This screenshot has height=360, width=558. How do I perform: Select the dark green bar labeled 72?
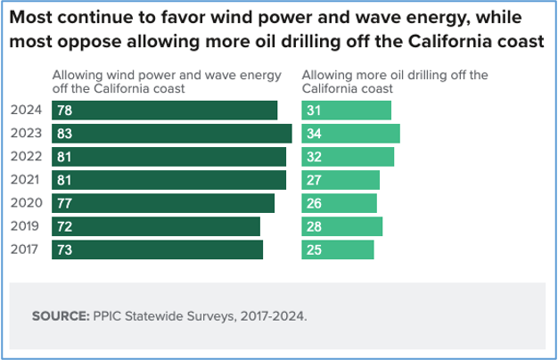[157, 226]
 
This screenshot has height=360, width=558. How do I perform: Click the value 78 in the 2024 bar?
[63, 110]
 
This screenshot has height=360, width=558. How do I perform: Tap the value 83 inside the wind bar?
[63, 134]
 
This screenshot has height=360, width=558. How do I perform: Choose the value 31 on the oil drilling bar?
[314, 110]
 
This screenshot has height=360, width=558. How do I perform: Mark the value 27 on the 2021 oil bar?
[314, 180]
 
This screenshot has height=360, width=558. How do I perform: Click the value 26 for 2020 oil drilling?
[314, 203]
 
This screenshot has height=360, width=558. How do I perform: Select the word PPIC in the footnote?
[105, 315]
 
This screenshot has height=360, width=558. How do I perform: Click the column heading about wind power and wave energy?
[167, 82]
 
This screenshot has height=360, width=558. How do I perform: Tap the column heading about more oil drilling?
[395, 82]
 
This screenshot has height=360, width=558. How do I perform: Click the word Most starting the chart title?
[33, 17]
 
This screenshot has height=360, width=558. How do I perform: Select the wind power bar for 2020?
[163, 203]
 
